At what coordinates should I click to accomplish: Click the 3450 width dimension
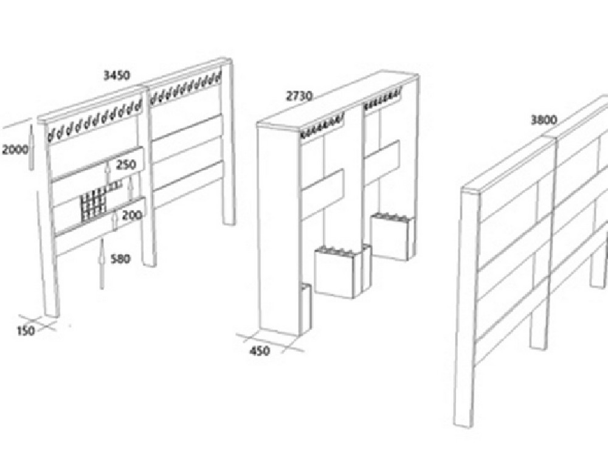[117, 75]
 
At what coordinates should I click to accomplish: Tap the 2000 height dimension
[15, 149]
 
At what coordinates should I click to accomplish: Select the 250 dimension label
[126, 164]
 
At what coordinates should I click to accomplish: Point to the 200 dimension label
[132, 215]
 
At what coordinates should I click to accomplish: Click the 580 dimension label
[120, 258]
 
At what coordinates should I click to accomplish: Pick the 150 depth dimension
[26, 331]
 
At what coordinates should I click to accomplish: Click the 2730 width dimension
[299, 95]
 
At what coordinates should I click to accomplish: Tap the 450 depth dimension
[260, 351]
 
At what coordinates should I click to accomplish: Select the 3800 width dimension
[544, 120]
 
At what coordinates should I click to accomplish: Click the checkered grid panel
[93, 206]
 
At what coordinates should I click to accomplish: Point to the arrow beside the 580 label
[102, 265]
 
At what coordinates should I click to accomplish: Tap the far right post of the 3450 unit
[227, 143]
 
